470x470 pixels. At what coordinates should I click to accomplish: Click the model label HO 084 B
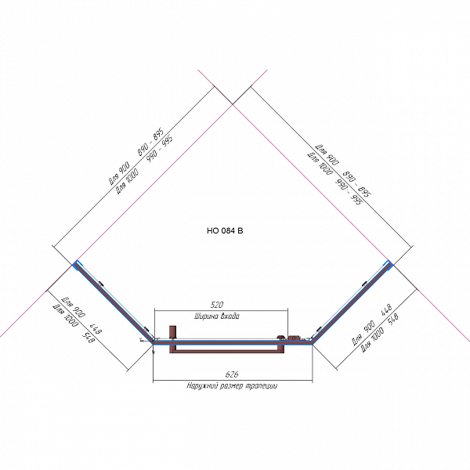click(225, 231)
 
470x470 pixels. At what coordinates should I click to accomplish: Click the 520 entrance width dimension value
click(219, 303)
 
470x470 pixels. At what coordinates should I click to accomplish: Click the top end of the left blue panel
click(76, 263)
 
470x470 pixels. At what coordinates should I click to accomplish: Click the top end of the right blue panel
click(388, 263)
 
